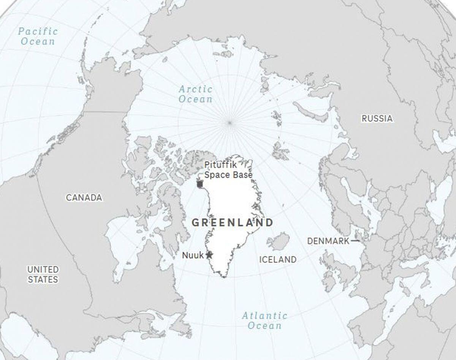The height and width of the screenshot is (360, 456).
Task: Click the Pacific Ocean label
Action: pyautogui.click(x=38, y=36)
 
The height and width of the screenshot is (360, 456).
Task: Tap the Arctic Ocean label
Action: pyautogui.click(x=195, y=94)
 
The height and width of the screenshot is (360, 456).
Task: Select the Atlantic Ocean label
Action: pyautogui.click(x=265, y=321)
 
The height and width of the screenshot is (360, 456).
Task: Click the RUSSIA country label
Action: pyautogui.click(x=377, y=118)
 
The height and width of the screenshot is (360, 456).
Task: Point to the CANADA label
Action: pyautogui.click(x=84, y=197)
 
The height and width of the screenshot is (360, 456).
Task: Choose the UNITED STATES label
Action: pyautogui.click(x=43, y=274)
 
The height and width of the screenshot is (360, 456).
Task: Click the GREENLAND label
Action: pyautogui.click(x=233, y=223)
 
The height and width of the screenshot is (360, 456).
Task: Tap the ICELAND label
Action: pyautogui.click(x=278, y=259)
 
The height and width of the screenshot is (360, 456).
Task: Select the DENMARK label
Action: pyautogui.click(x=328, y=241)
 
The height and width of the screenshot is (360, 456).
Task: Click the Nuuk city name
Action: pyautogui.click(x=193, y=255)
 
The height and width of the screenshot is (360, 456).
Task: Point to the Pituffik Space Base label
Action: pyautogui.click(x=228, y=170)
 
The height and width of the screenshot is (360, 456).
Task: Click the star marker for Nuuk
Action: pyautogui.click(x=209, y=255)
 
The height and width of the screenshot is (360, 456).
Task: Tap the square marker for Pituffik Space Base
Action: pyautogui.click(x=200, y=184)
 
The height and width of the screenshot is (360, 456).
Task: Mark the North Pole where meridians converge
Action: pyautogui.click(x=230, y=122)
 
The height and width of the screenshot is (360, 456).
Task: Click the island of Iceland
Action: pyautogui.click(x=278, y=242)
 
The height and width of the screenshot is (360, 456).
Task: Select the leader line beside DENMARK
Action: pyautogui.click(x=355, y=241)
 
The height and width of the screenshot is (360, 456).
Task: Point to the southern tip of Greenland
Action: pyautogui.click(x=224, y=276)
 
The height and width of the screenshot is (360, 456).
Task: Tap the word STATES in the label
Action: pyautogui.click(x=43, y=279)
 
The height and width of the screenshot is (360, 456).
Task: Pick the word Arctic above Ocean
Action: pyautogui.click(x=195, y=89)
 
